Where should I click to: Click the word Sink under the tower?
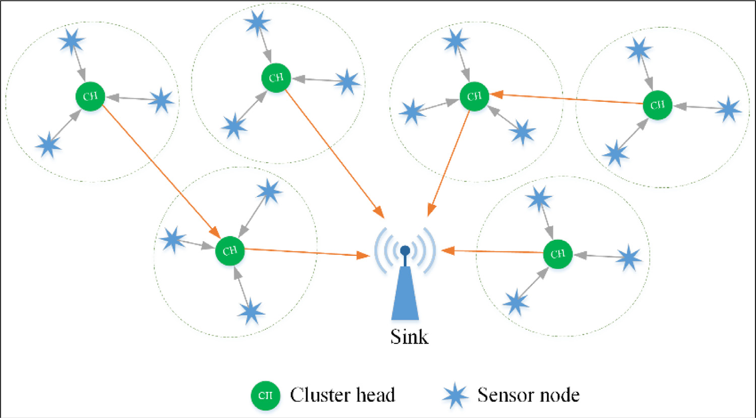409,336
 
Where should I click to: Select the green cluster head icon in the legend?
266,395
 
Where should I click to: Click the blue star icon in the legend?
455,395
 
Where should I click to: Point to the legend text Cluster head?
342,395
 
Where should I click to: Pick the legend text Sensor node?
528,395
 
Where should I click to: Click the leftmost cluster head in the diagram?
90,96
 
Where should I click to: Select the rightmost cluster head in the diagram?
658,105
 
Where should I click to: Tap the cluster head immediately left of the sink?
230,250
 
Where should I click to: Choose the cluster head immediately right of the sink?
558,253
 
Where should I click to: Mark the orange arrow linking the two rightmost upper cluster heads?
567,99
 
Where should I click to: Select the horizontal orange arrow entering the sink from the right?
491,251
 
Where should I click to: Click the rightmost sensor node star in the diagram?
728,110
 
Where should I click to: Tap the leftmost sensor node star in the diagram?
48,145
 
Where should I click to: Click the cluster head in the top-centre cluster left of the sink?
276,78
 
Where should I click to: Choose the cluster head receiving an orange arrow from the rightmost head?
474,96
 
